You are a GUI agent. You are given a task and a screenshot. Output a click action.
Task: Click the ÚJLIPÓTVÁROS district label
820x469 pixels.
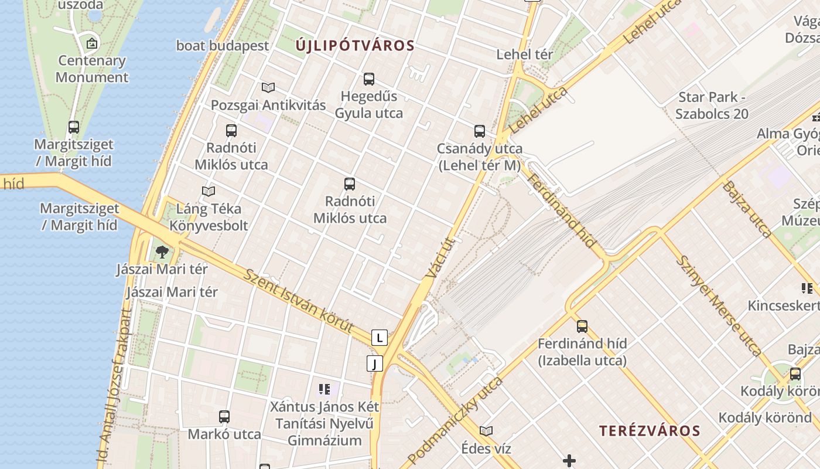355,46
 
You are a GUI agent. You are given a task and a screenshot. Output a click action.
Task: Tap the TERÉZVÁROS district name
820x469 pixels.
650,431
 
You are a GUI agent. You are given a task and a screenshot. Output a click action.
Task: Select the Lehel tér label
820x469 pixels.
525,55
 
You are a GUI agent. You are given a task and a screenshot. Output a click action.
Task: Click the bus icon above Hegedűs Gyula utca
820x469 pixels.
369,79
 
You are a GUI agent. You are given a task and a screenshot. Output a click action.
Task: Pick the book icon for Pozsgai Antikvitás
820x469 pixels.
268,87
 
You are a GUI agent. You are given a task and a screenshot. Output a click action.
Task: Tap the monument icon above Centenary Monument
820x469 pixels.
92,43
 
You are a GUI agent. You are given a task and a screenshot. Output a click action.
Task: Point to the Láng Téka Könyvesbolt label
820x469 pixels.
209,217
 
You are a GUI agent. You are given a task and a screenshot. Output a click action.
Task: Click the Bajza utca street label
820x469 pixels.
747,209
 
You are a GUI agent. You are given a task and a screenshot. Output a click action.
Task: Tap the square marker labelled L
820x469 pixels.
380,338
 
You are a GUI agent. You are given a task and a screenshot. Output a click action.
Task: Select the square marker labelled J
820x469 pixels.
375,363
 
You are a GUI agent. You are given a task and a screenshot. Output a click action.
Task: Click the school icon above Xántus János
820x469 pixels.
324,389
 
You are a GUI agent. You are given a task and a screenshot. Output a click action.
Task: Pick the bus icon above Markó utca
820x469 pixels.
224,417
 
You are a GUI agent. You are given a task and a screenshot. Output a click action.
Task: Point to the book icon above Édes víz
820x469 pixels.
486,431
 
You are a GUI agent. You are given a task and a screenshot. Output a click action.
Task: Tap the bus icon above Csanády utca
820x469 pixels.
480,131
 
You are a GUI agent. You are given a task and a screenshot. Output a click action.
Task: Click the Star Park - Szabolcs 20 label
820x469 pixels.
712,106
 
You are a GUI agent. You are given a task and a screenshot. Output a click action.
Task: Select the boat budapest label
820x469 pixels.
223,46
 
